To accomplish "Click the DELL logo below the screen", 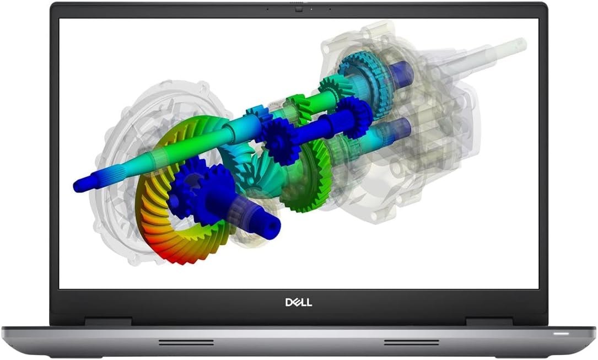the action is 299,303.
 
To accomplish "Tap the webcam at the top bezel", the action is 299,8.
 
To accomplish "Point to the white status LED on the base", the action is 562,334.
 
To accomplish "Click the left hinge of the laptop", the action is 108,321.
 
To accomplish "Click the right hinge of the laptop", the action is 489,321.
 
